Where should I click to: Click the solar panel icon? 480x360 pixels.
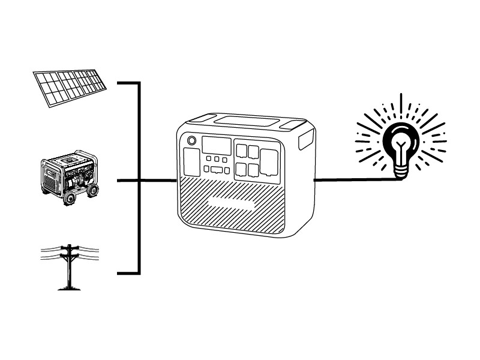(x=70, y=88)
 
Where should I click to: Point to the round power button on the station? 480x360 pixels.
(x=192, y=141)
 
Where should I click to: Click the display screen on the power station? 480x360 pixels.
(x=216, y=145)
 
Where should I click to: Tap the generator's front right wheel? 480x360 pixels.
(x=92, y=190)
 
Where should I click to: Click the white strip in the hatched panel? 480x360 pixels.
(x=231, y=203)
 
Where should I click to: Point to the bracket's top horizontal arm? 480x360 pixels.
(x=128, y=83)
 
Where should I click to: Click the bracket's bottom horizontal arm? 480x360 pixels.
(x=128, y=273)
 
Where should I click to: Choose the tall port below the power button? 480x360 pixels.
(x=191, y=162)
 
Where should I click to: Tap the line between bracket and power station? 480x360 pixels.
(x=158, y=180)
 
